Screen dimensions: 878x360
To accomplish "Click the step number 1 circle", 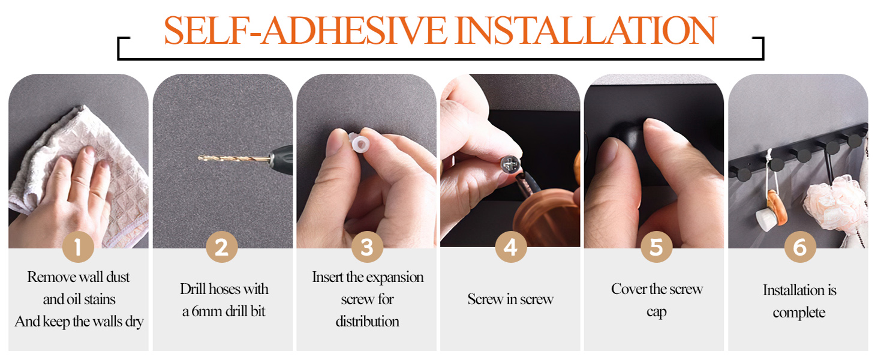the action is tap(78, 247).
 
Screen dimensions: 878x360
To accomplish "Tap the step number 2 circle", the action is tap(222, 247).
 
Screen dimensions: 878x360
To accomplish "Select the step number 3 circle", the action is tap(367, 247).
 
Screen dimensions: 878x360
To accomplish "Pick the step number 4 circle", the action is tap(511, 247).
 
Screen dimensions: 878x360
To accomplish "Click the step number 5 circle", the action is tap(657, 247).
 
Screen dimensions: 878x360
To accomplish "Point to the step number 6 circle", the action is tap(800, 247).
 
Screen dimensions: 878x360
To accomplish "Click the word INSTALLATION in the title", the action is tap(587, 30).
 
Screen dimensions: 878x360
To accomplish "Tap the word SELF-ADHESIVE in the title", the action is tap(305, 30).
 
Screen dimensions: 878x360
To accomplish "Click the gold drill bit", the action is tap(234, 159).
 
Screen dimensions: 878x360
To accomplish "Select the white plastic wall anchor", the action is tap(359, 143).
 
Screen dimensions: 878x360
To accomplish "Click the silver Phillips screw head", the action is tap(510, 164).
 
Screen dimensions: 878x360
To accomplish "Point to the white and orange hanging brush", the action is tap(771, 211).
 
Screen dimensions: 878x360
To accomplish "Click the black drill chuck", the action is tap(281, 159).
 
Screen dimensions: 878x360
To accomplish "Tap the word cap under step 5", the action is tap(657, 313).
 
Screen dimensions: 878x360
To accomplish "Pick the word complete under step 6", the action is tap(799, 313).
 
